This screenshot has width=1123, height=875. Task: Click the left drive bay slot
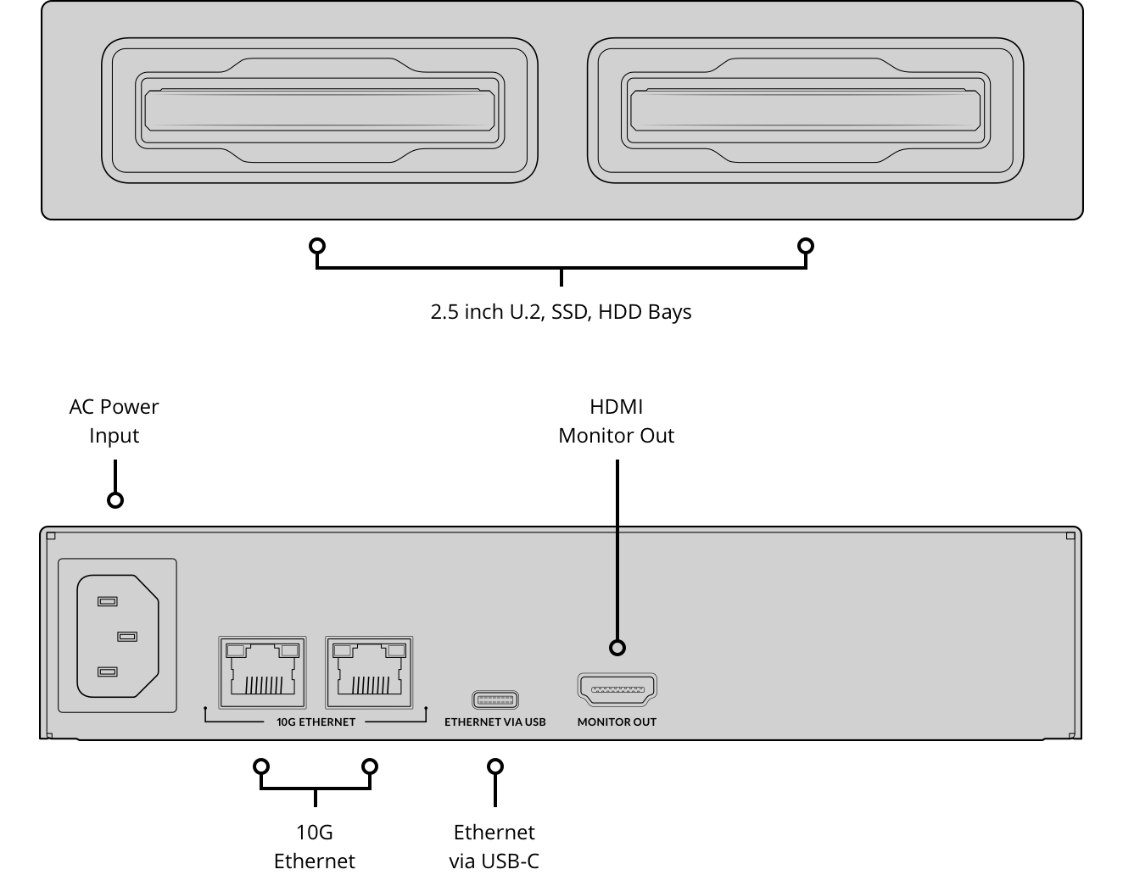(319, 110)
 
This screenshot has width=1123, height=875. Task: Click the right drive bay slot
(805, 110)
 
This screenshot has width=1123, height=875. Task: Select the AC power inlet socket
(118, 636)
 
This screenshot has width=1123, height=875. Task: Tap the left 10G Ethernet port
(262, 672)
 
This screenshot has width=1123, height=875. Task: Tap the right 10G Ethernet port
(369, 672)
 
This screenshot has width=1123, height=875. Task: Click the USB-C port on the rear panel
(495, 700)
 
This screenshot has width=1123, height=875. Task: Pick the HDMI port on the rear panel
(617, 690)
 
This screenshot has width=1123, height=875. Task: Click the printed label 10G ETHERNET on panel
(316, 722)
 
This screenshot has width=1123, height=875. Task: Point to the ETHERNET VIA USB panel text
(495, 722)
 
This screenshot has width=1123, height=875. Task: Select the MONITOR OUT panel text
(617, 722)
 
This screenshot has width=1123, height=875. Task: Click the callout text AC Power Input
(114, 421)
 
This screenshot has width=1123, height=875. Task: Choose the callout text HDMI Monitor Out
(617, 421)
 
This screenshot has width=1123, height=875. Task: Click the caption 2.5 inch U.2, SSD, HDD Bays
(561, 312)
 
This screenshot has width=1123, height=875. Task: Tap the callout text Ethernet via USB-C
(494, 846)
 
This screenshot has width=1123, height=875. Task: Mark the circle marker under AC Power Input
(115, 500)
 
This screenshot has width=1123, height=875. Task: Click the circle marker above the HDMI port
(617, 648)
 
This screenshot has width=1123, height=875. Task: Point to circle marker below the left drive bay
(317, 247)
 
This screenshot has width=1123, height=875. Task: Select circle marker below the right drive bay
(806, 247)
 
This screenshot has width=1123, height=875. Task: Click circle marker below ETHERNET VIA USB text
(495, 766)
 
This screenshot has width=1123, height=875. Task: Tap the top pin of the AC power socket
(107, 601)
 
